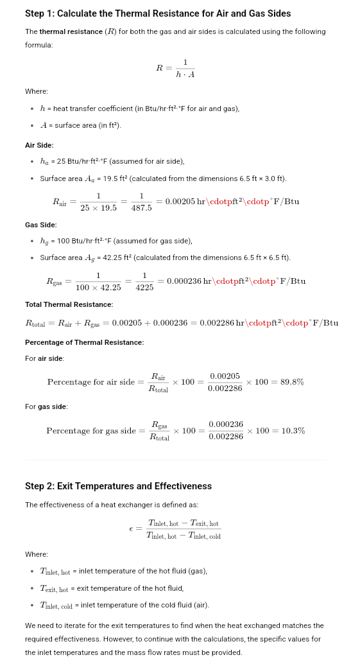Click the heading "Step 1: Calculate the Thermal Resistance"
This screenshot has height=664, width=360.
point(157,13)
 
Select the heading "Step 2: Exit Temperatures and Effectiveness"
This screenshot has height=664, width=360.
point(118,486)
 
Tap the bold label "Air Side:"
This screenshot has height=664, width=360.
point(39,145)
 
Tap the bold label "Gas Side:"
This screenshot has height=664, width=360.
point(40,225)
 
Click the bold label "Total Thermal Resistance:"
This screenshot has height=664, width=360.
point(69,304)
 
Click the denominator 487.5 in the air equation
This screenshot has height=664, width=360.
point(141,208)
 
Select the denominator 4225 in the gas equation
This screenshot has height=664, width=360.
point(144,288)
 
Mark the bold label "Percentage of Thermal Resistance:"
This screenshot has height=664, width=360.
point(84,342)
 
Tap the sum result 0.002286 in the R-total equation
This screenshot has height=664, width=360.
point(215,322)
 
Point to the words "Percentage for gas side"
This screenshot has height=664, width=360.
point(91,431)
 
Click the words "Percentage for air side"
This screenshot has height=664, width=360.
point(91,382)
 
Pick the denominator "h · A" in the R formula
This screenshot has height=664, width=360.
point(185,74)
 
